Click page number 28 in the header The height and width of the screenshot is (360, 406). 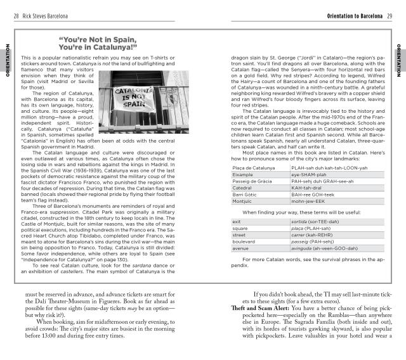[x=16, y=15]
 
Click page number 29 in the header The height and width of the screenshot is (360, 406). [x=390, y=15]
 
